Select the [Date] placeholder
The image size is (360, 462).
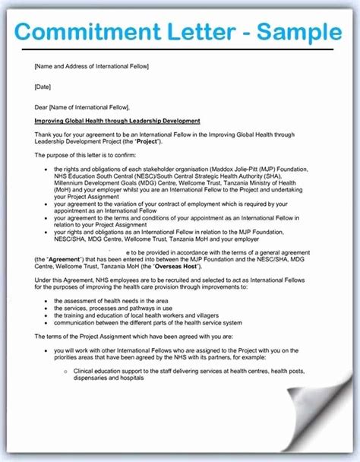coord(43,86)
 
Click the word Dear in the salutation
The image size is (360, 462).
coord(41,106)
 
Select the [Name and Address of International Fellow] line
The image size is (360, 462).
coord(91,66)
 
